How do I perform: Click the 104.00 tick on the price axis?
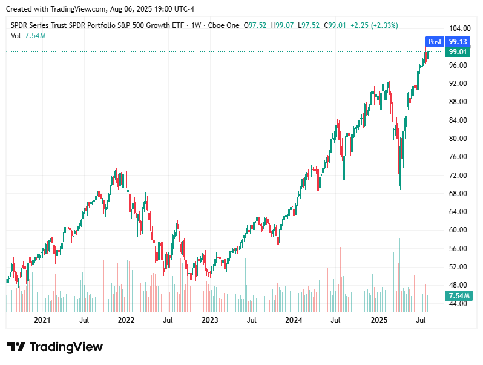[x=457, y=28]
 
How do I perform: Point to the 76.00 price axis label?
[x=457, y=157]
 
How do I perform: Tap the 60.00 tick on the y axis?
[x=457, y=230]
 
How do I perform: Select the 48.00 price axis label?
[x=457, y=285]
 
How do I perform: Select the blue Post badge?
[x=435, y=42]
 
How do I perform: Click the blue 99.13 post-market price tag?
[x=458, y=42]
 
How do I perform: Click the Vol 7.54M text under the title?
[x=28, y=36]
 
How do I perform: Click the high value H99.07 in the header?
[x=283, y=25]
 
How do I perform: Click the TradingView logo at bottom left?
[x=55, y=347]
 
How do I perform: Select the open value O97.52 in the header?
[x=255, y=25]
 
